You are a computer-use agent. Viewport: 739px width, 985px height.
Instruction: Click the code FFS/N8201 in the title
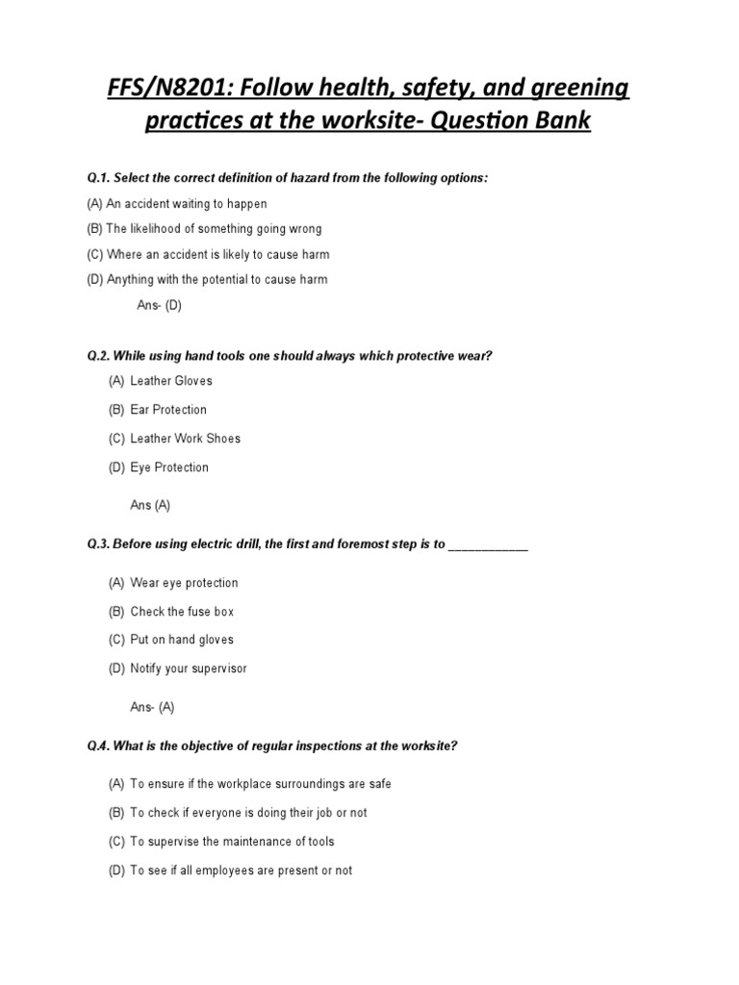point(158,90)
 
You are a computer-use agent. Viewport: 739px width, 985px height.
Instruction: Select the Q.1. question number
point(98,179)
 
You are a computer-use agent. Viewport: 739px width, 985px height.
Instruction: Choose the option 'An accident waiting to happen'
point(187,204)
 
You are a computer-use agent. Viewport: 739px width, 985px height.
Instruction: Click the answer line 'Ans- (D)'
point(159,306)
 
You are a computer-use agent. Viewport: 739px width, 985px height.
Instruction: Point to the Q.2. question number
point(98,356)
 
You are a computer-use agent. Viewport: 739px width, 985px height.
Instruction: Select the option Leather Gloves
point(171,381)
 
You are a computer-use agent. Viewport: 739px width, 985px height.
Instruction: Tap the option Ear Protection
point(168,410)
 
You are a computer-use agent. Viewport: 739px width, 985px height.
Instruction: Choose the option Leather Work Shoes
point(186,439)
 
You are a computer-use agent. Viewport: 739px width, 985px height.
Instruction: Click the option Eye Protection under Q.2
point(169,467)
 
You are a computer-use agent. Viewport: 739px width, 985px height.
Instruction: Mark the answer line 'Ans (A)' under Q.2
point(150,505)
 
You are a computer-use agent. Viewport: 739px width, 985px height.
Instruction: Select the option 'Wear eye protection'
point(184,583)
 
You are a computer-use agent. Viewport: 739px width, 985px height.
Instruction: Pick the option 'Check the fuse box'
point(182,612)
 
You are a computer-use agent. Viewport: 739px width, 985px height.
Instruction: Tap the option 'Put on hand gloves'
point(182,640)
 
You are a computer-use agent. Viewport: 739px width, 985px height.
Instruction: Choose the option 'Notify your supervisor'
point(189,669)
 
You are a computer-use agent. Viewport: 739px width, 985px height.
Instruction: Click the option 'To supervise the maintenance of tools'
point(232,842)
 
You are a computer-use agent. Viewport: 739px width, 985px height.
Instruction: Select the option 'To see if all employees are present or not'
point(241,871)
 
